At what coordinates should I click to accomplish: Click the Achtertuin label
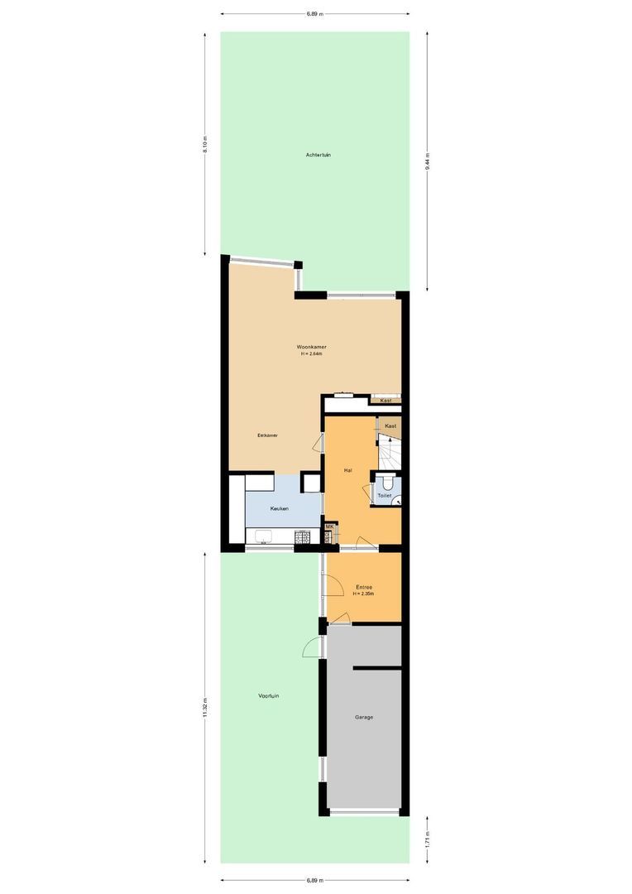(318, 155)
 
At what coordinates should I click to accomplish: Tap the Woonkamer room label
(311, 346)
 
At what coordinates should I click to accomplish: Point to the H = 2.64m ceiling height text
(311, 354)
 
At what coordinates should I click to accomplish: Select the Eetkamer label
(266, 435)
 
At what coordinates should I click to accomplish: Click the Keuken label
(280, 508)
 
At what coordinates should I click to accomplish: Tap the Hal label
(348, 470)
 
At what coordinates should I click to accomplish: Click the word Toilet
(385, 496)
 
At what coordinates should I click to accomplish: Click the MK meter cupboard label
(329, 526)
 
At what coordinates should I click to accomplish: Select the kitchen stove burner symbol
(304, 537)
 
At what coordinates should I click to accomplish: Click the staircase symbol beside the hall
(389, 451)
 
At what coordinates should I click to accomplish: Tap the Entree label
(364, 587)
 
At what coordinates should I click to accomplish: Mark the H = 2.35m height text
(364, 594)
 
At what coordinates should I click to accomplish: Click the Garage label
(364, 717)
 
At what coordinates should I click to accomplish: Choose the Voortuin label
(268, 695)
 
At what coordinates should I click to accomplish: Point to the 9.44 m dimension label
(428, 161)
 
